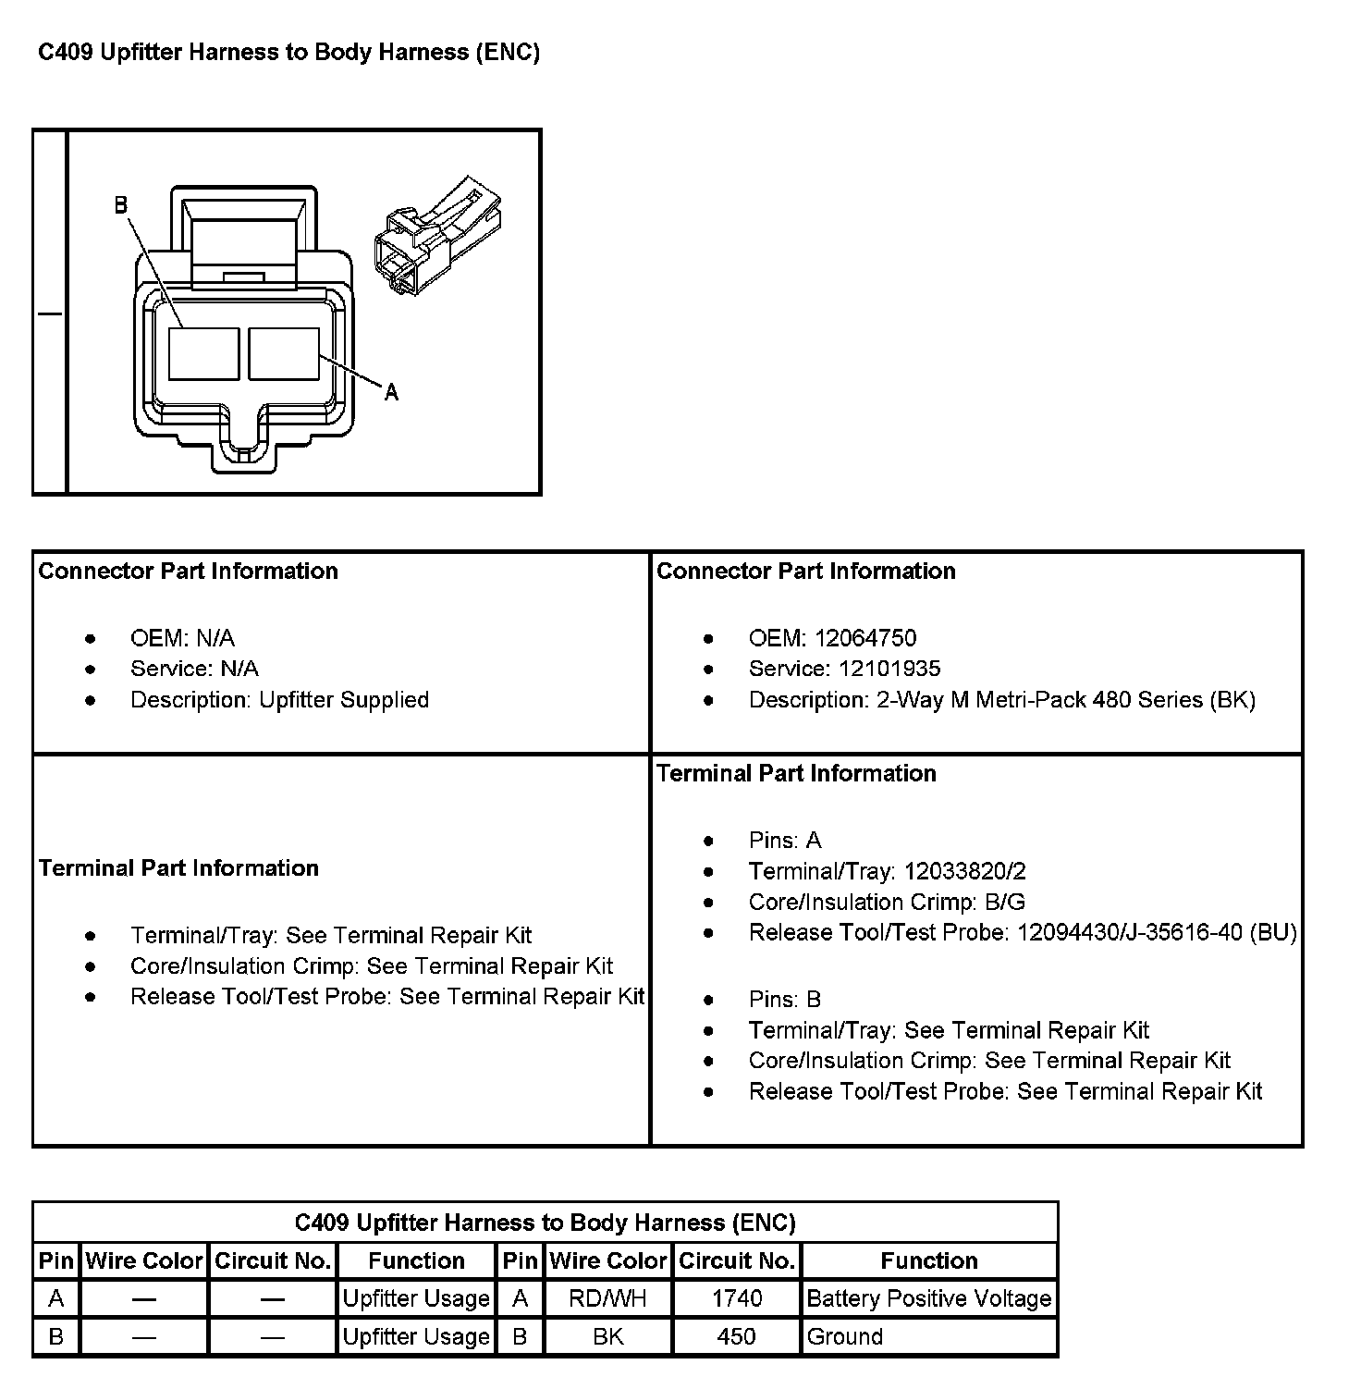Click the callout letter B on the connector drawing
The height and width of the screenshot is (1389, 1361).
click(121, 205)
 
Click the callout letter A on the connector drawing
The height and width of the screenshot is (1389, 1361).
click(391, 392)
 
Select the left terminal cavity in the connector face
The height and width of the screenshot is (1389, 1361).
click(204, 354)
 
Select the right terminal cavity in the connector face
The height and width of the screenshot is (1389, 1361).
click(284, 354)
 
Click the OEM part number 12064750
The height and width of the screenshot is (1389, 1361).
click(865, 638)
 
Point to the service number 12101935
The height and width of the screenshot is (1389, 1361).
click(889, 669)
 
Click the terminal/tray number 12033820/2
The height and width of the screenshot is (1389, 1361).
click(965, 871)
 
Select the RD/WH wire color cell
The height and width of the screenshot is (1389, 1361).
click(608, 1298)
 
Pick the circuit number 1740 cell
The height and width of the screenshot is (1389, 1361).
click(737, 1298)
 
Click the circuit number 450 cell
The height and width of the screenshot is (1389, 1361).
click(737, 1336)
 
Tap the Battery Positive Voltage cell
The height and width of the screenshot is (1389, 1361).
click(929, 1298)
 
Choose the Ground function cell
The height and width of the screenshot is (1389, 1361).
click(929, 1336)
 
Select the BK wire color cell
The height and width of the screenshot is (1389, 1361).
click(608, 1336)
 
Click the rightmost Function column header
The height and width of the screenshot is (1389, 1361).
click(929, 1260)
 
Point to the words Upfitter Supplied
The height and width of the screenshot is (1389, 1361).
click(344, 700)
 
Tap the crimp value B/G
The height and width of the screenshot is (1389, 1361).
click(1005, 902)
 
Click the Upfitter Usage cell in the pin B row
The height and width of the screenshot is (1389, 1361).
click(416, 1336)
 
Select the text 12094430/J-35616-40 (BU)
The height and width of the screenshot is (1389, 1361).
click(1157, 932)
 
